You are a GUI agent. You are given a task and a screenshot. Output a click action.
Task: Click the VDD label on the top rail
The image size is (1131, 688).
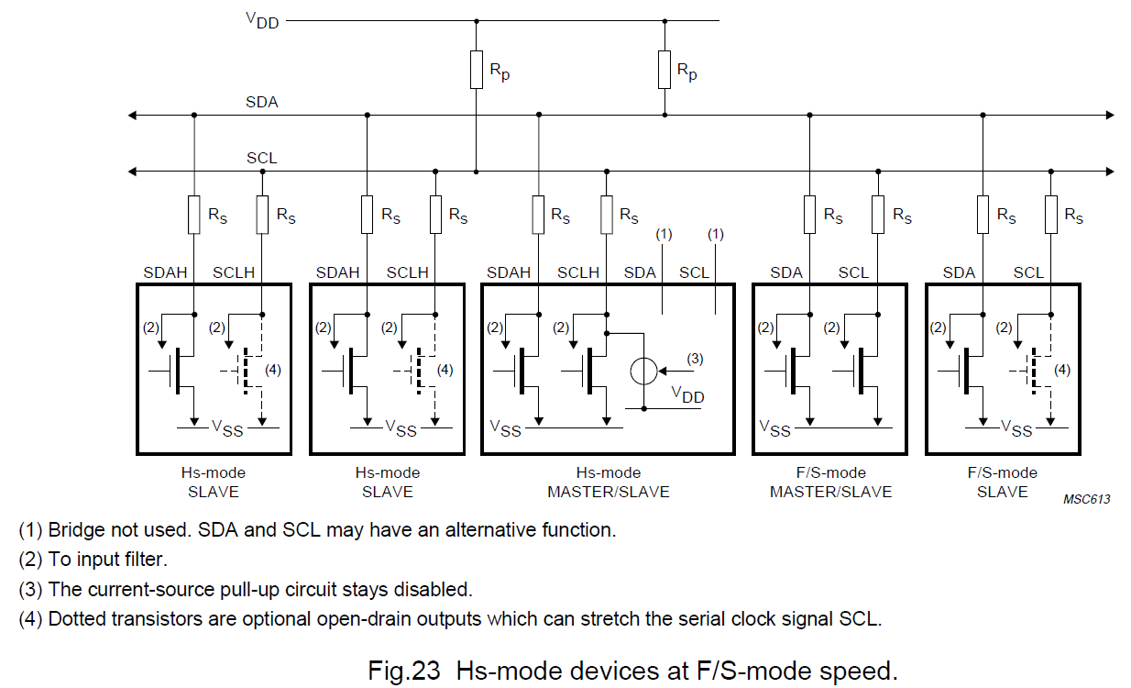point(261,20)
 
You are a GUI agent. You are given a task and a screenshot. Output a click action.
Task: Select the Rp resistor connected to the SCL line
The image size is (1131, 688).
point(476,70)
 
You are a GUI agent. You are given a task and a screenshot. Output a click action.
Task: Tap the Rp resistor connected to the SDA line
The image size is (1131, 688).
point(664,70)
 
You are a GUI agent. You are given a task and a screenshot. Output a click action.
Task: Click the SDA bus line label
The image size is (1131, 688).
point(261,102)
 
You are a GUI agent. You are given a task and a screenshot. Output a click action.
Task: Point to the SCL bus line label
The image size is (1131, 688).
point(261,158)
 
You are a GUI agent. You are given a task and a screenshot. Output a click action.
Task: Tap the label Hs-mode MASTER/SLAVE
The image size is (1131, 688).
point(608,483)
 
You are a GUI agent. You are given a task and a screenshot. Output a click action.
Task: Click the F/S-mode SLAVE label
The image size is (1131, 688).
point(1003,483)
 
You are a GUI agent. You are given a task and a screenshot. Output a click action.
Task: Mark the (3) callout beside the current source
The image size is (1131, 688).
point(695,359)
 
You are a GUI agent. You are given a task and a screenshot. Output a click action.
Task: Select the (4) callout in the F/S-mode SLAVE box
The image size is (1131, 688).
point(1061,371)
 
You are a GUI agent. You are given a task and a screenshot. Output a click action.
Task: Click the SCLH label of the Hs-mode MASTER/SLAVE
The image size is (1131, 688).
point(578,273)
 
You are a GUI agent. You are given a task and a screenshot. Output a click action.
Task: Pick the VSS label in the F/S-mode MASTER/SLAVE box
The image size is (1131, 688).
point(775,427)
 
